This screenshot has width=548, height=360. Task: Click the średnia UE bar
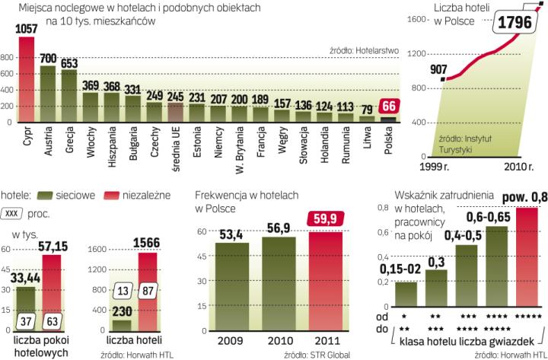(x=176, y=112)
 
